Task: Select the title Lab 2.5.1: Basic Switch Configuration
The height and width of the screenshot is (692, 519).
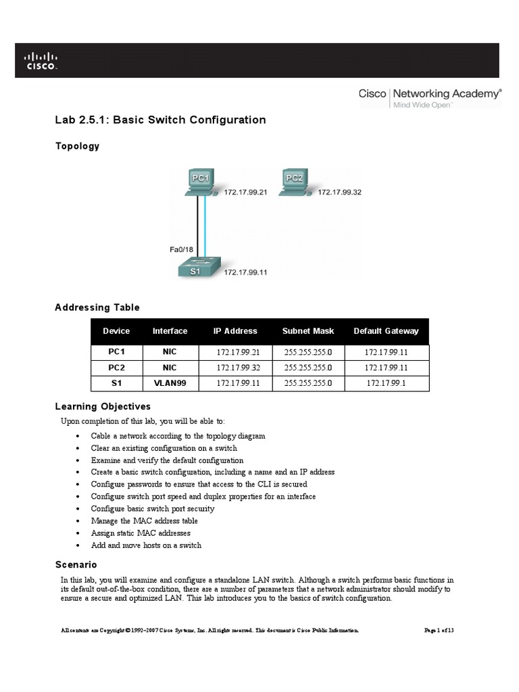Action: pos(160,120)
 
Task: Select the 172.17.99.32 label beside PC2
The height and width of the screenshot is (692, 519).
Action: pos(340,192)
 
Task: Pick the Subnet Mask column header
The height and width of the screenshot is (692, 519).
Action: pos(308,331)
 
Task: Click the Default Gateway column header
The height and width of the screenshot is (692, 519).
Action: pos(386,331)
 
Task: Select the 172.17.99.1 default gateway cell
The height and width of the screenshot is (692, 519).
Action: pos(386,382)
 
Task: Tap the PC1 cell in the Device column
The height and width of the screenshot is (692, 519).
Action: pos(116,352)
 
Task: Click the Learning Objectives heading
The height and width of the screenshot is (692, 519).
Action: pos(103,407)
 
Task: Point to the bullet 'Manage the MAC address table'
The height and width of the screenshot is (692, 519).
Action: pos(145,521)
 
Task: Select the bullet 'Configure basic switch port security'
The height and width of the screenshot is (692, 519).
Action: pos(153,509)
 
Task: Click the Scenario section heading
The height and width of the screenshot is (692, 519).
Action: pos(76,564)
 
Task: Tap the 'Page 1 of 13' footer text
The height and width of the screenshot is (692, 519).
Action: pos(439,631)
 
